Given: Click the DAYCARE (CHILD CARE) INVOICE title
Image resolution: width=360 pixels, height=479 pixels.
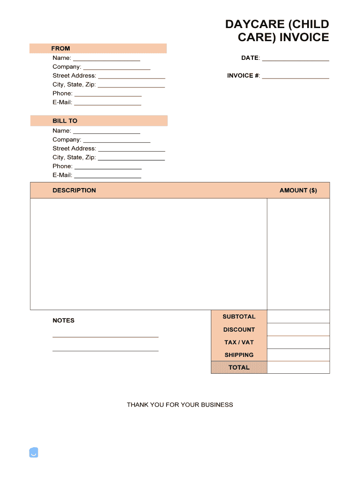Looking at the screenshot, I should [277, 31].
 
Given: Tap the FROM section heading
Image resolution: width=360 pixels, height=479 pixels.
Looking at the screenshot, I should [61, 48].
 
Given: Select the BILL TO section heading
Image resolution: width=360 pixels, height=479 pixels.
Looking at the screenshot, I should [65, 121].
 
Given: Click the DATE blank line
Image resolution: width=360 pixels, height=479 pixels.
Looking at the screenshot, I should [295, 59].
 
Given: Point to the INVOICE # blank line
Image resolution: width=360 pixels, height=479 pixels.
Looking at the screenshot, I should [295, 77].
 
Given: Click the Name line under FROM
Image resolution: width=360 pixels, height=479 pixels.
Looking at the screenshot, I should [107, 59].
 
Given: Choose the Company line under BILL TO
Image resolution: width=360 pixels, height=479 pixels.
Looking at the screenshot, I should [116, 140].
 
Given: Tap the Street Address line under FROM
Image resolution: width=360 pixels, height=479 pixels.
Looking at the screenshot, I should [131, 77].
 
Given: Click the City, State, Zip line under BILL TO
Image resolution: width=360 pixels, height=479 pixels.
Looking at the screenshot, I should [131, 159].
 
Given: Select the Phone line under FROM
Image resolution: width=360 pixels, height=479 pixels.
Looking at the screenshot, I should [108, 94].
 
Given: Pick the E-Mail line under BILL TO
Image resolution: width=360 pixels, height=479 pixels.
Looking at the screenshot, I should [108, 176].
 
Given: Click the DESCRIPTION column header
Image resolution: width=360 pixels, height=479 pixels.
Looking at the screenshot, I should [74, 190].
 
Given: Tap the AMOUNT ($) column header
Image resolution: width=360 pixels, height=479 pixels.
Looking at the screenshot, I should [298, 190].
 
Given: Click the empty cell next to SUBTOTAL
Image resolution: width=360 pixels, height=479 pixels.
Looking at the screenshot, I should [298, 317].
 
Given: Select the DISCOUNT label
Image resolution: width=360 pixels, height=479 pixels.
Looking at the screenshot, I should [239, 330].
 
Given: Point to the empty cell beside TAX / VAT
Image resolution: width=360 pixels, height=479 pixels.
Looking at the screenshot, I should [298, 342].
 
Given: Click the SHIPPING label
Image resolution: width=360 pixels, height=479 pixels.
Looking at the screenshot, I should [239, 355].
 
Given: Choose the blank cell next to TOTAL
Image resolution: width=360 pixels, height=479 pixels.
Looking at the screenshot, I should [298, 368].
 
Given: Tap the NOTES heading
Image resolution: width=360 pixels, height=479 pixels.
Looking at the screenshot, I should [64, 320].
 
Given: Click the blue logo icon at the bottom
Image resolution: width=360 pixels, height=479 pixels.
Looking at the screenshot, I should [34, 452].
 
